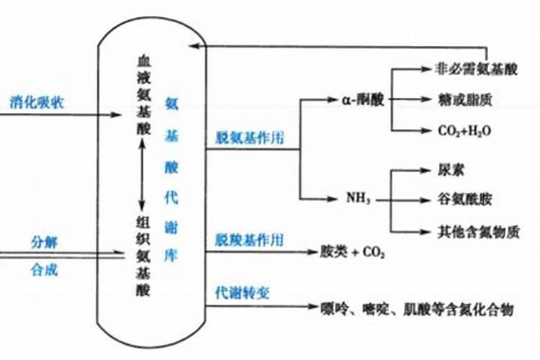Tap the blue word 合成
42,270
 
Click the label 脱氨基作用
249,138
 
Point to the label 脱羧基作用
249,238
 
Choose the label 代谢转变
241,292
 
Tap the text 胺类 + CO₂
353,253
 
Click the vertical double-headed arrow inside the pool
143,173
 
